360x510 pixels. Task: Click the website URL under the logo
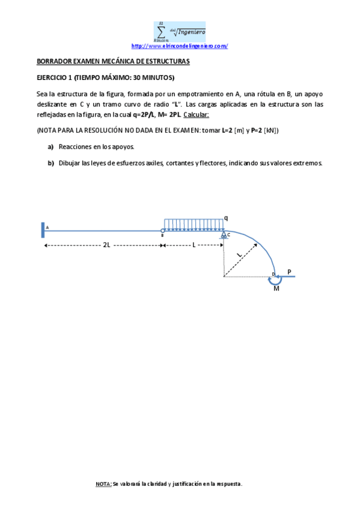click(179, 46)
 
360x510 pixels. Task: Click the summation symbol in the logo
click(160, 31)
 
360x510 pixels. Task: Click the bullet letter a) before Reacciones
click(50, 147)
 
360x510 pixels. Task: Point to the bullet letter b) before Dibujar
click(50, 163)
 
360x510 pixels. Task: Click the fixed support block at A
click(43, 230)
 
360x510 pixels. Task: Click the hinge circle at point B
click(163, 230)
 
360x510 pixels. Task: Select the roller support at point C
click(224, 235)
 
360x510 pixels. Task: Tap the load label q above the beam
click(226, 217)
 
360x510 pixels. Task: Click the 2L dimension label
click(106, 245)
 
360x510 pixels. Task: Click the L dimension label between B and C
click(194, 245)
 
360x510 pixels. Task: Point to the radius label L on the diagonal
click(240, 255)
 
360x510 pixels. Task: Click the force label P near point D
click(289, 272)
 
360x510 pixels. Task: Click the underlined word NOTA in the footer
click(103, 484)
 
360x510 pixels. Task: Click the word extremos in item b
click(308, 163)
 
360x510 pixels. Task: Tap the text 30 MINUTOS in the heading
click(148, 78)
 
